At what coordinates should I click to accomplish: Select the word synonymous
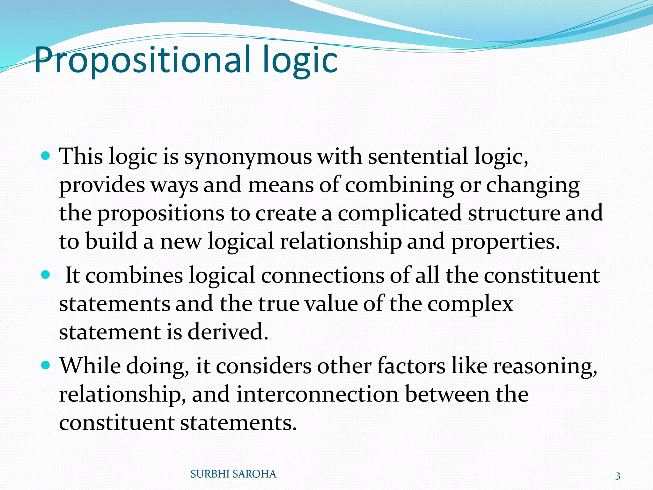248,157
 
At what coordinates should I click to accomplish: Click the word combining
400,185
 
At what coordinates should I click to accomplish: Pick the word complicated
400,213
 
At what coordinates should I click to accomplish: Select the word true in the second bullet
279,304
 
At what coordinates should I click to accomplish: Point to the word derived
228,332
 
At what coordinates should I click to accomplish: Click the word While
90,366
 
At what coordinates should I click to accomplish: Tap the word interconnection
318,394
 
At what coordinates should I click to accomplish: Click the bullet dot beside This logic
46,156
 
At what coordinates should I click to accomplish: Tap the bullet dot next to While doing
46,365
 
